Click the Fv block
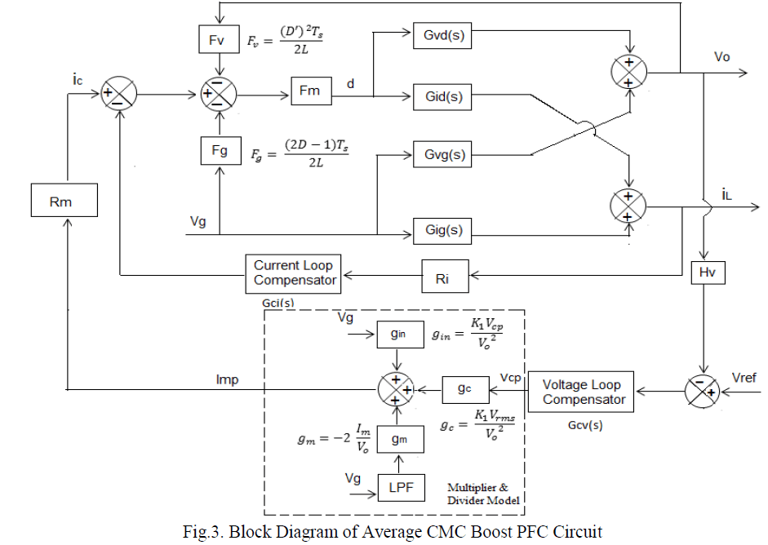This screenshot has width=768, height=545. (218, 38)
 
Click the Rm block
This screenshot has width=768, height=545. (61, 201)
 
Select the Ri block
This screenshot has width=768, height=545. (446, 278)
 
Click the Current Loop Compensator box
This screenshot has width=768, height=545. (295, 272)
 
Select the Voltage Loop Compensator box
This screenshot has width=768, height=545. (583, 392)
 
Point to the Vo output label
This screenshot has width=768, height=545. (721, 57)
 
